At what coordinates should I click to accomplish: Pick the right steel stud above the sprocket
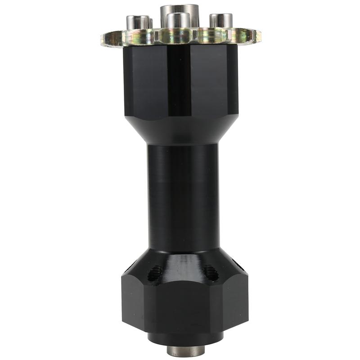coord(221,21)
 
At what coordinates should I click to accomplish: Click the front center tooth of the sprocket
coord(179,37)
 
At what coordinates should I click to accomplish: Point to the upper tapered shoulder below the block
coord(180,130)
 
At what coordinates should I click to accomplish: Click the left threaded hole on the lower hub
coord(156,271)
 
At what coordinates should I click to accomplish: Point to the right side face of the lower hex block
coord(236,301)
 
